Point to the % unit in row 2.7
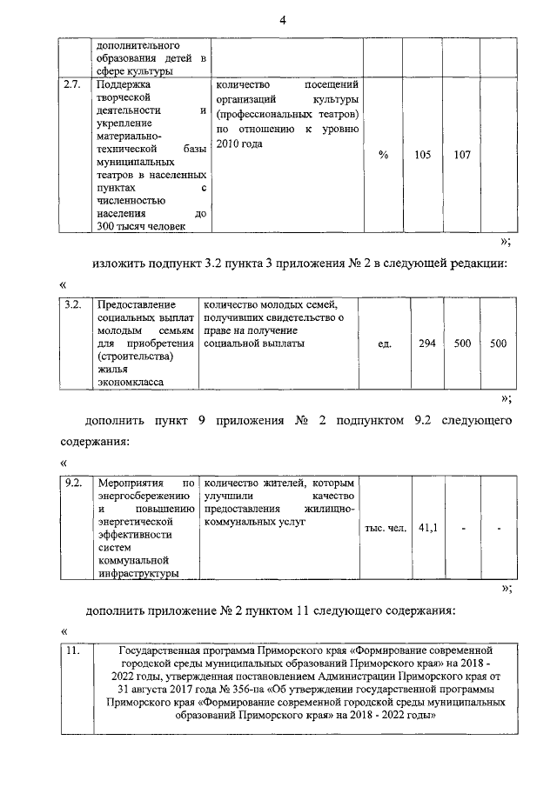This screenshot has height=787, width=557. click(383, 155)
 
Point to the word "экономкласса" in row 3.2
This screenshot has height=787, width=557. click(130, 382)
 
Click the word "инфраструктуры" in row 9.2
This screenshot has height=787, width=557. click(138, 573)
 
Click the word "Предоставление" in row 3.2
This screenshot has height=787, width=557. click(136, 303)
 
